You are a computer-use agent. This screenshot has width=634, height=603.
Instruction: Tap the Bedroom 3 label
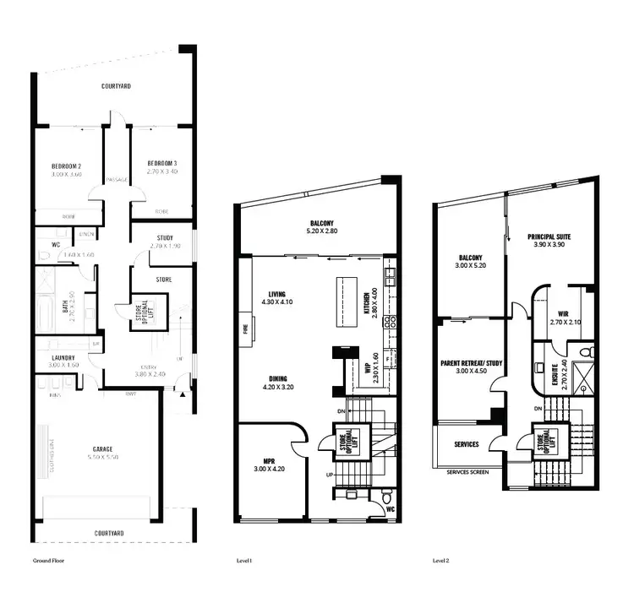[161, 162]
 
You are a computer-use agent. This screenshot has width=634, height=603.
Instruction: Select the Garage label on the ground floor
[103, 448]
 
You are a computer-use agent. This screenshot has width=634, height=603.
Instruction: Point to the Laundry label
[58, 357]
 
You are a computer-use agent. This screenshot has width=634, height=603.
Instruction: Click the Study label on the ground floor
[165, 238]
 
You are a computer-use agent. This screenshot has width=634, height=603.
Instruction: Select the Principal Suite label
[549, 237]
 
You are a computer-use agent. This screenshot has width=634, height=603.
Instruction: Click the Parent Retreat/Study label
[472, 363]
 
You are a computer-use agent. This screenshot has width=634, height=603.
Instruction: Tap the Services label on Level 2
[467, 444]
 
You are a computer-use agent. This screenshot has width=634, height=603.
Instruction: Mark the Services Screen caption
[467, 472]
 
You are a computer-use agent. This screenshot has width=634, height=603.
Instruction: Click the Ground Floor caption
[48, 560]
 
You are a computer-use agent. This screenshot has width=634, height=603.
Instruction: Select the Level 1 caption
[246, 560]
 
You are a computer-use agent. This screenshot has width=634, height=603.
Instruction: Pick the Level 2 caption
[440, 560]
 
